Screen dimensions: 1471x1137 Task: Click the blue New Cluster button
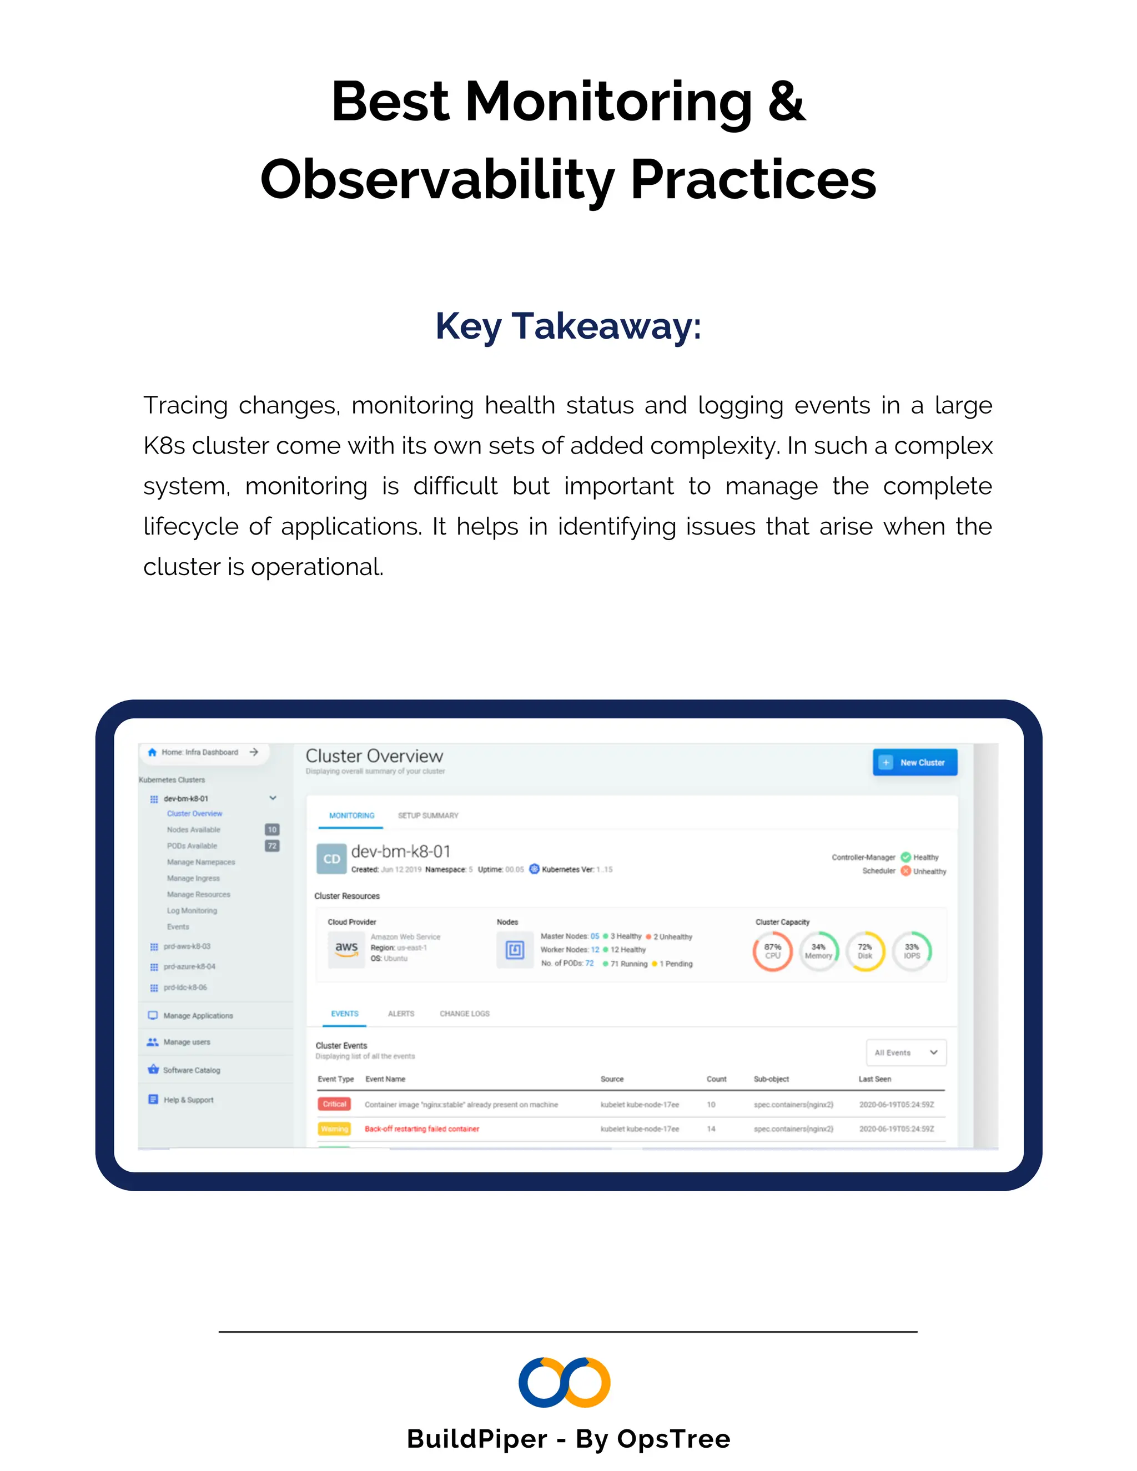point(915,763)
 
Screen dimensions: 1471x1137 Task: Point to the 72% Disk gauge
point(865,951)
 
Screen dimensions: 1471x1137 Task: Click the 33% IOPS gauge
point(912,951)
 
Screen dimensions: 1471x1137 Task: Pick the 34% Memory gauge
point(818,951)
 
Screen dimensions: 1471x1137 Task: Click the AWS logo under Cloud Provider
point(346,948)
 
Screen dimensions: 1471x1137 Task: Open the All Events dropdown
point(906,1052)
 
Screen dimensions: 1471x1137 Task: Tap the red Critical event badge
point(334,1104)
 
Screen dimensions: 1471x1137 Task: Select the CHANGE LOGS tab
point(464,1014)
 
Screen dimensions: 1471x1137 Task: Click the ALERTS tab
point(401,1014)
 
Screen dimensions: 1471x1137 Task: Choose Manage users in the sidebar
point(187,1042)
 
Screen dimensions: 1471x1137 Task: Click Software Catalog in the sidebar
point(192,1070)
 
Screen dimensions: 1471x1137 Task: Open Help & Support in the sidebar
point(188,1100)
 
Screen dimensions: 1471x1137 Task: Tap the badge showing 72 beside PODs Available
point(272,846)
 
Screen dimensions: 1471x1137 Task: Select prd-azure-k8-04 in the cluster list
point(189,966)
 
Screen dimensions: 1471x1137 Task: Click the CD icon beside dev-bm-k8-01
point(331,859)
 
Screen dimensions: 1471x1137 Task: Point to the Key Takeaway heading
point(568,326)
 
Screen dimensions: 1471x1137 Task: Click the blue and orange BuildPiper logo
point(565,1382)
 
